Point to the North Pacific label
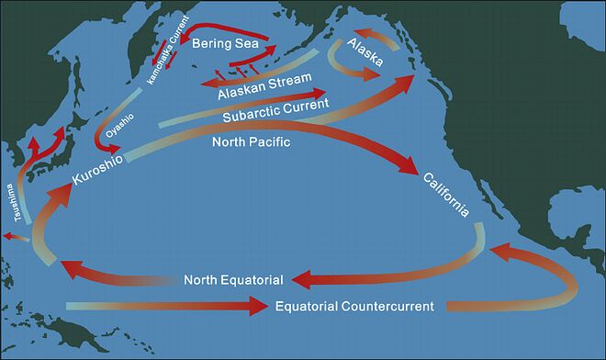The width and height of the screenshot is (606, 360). tap(251, 142)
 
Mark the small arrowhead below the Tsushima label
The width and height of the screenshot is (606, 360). tap(7, 237)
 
